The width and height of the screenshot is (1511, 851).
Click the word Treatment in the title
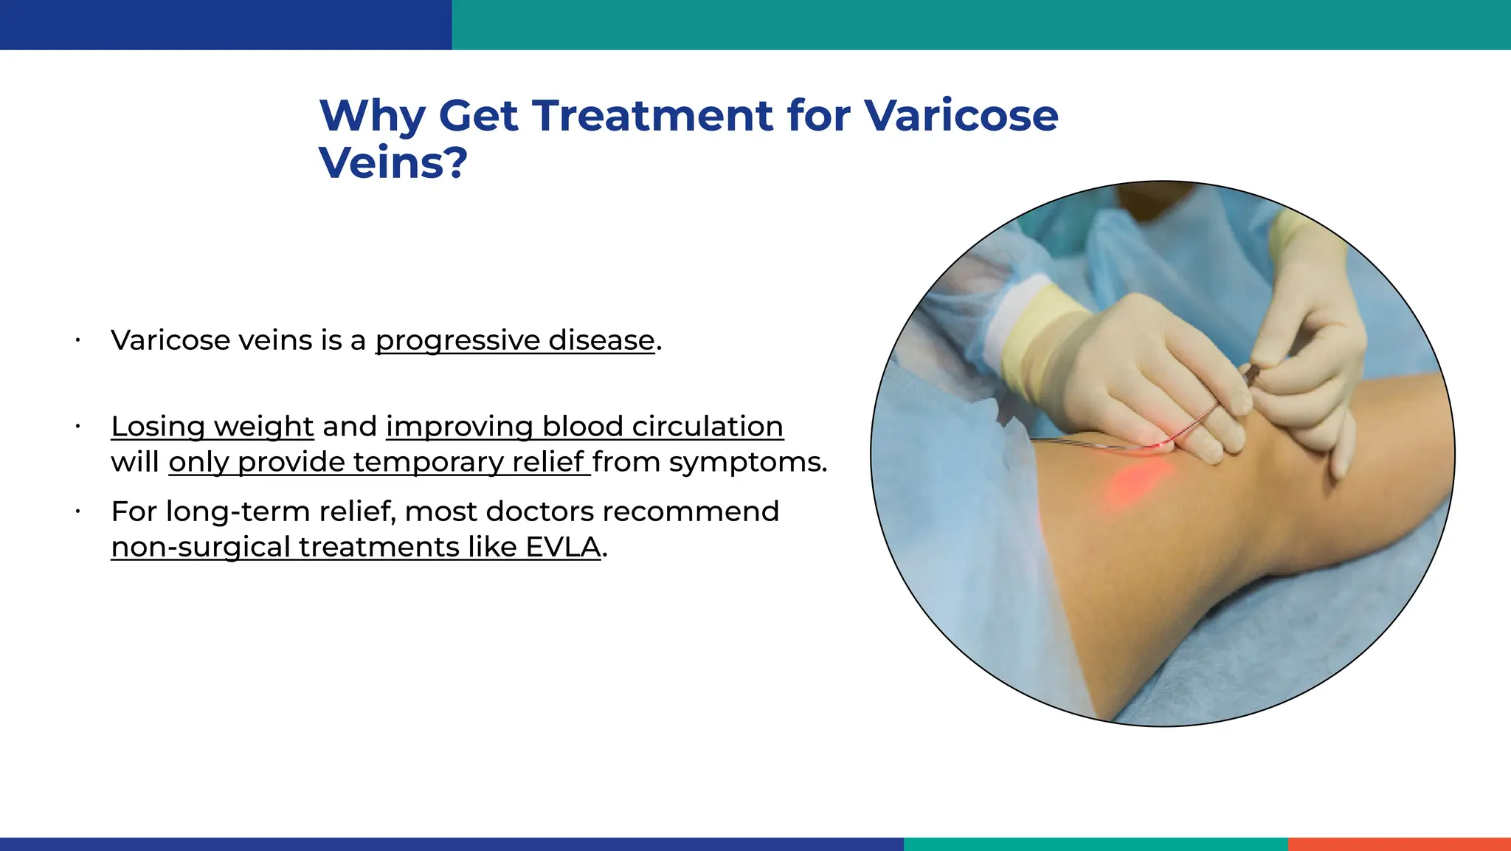(x=652, y=116)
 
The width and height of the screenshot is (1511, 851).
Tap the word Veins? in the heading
(x=393, y=163)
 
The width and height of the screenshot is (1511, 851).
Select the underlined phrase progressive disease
(x=515, y=340)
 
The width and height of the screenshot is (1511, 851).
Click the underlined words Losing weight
(x=212, y=427)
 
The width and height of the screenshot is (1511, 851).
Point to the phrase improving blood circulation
(x=584, y=427)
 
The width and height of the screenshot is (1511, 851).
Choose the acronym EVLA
(x=563, y=547)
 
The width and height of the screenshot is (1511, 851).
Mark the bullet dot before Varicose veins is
(x=77, y=340)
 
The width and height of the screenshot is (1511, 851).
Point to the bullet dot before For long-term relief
(x=77, y=511)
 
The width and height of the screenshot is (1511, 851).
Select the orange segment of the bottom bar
(x=1399, y=844)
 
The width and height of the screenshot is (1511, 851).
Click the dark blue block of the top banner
(x=225, y=24)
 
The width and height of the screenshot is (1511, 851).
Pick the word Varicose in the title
(x=961, y=116)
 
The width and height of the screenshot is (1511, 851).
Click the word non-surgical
(x=201, y=547)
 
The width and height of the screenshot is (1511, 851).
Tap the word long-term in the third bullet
(x=223, y=511)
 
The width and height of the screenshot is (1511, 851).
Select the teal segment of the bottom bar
(x=1095, y=844)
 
